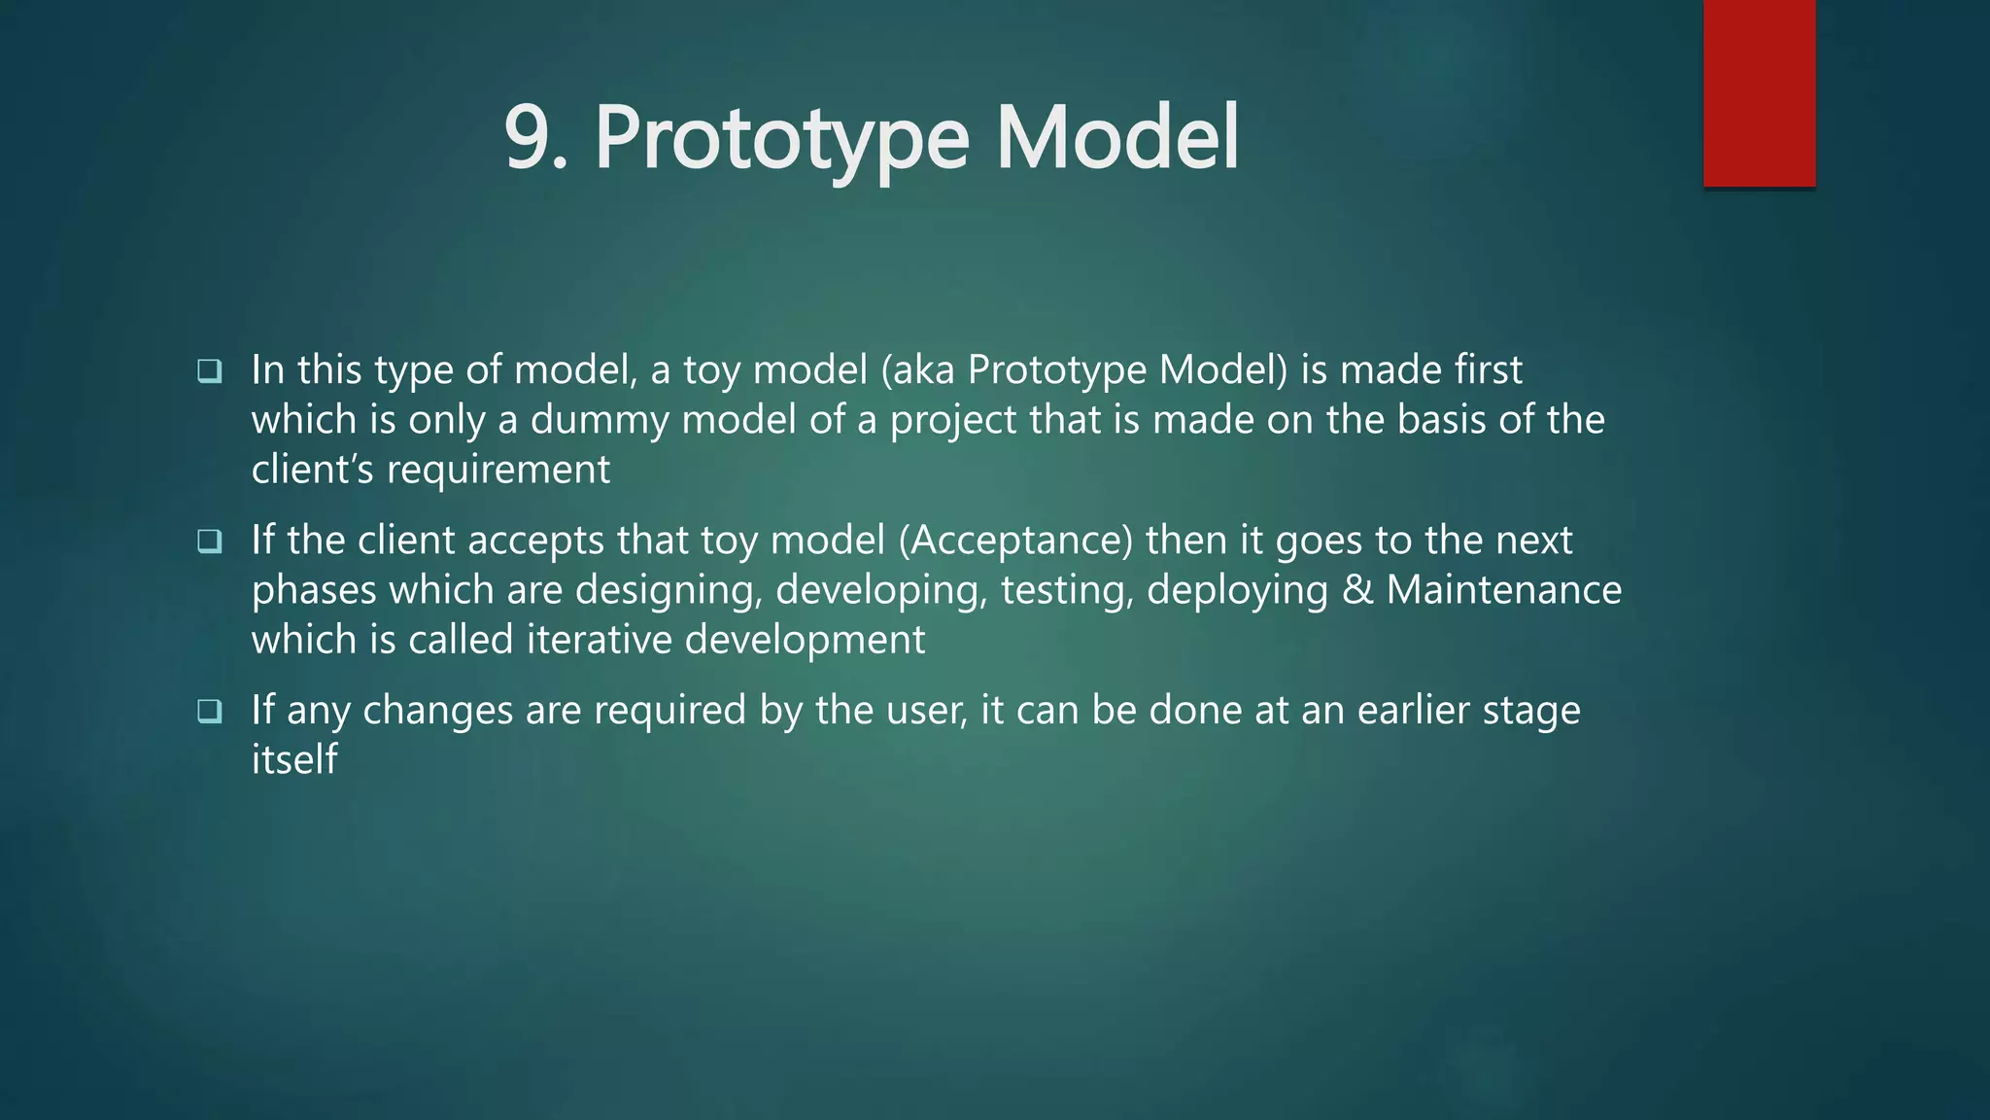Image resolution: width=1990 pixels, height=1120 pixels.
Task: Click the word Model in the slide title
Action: [1117, 138]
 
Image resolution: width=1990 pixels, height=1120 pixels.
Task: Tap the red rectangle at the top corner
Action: [1759, 92]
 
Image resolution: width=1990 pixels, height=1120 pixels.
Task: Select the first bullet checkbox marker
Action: [209, 370]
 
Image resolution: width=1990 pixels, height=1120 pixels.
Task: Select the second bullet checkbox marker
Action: [209, 541]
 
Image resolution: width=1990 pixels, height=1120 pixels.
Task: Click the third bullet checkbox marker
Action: [209, 711]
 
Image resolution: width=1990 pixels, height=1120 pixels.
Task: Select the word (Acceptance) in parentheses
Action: [1015, 541]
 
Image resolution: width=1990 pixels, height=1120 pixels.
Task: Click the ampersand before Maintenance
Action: [1357, 590]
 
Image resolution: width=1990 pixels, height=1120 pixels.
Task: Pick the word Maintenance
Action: [1503, 590]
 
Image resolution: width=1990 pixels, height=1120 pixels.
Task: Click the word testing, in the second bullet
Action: [1067, 590]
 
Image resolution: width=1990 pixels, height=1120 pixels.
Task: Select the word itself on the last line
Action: [293, 759]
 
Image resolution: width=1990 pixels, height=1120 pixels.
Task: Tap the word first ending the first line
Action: [1488, 370]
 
